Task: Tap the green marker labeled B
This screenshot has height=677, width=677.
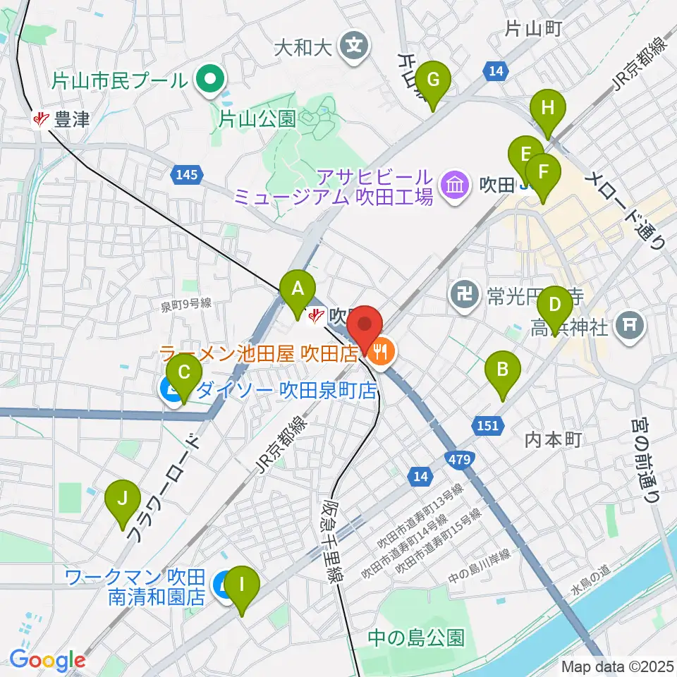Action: tap(503, 369)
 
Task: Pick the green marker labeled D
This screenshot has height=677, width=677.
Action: tap(555, 305)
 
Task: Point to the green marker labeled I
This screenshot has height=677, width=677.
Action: tap(242, 585)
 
